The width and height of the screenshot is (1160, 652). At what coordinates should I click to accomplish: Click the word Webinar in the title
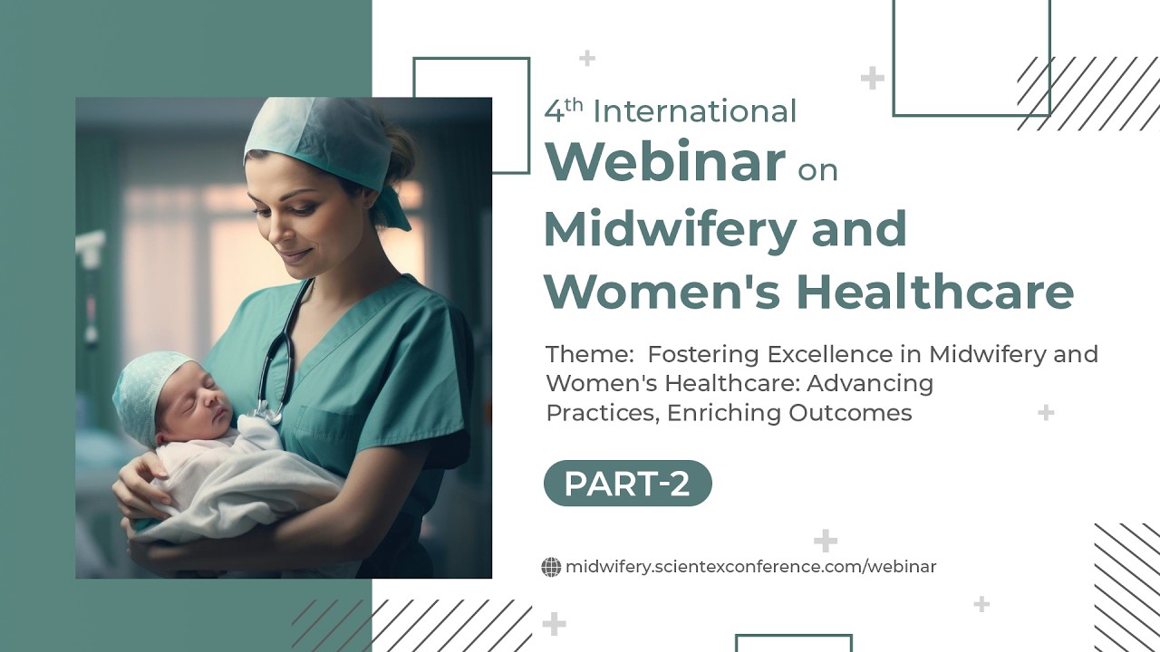pos(664,161)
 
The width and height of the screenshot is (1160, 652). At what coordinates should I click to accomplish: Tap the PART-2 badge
pos(627,484)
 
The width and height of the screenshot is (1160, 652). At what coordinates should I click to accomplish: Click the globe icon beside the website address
pos(551,568)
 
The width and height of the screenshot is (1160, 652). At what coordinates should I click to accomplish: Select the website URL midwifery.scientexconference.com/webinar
pos(750,567)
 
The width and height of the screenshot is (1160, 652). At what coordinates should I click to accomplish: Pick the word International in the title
pos(694,111)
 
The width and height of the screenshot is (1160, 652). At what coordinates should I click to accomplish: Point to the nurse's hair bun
pos(401,150)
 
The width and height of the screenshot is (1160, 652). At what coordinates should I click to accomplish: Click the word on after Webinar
pos(817,169)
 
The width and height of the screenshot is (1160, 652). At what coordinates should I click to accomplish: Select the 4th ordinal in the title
pos(563,110)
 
